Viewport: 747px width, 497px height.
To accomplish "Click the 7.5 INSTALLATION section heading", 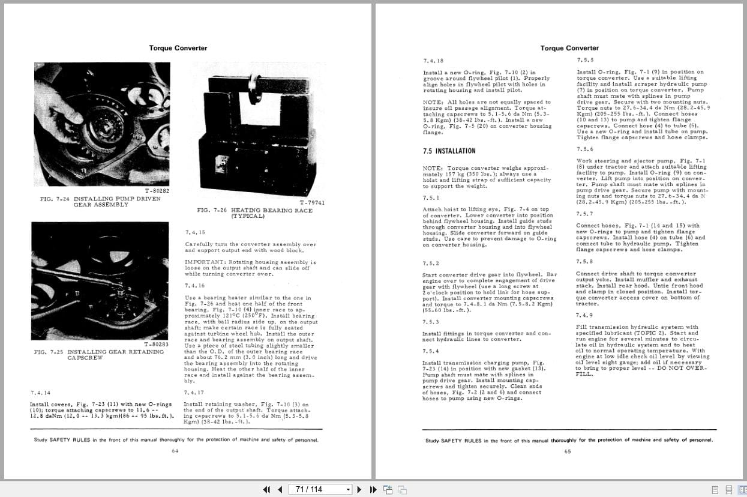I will click(449, 151).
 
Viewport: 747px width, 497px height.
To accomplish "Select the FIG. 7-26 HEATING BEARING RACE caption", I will click(254, 213).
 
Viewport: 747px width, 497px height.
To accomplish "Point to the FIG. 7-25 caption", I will click(99, 354).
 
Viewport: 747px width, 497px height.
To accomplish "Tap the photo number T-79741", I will click(312, 202).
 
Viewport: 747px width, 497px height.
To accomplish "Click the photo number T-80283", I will click(156, 344).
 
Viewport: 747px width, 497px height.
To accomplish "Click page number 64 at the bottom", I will click(175, 451).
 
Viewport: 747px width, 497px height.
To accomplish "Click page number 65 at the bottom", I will click(568, 452).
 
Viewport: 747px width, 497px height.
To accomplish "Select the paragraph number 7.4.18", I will click(433, 61).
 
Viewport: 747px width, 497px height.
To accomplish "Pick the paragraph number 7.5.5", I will click(585, 60).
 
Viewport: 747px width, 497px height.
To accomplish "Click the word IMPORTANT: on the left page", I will click(205, 262).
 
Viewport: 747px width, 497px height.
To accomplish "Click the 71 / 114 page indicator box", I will click(321, 489).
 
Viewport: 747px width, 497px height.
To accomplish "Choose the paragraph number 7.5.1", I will click(431, 197).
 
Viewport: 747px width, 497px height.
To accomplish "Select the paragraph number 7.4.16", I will click(195, 286).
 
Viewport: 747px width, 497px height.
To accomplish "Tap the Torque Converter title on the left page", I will click(178, 48).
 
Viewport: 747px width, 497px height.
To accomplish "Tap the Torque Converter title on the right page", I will click(569, 48).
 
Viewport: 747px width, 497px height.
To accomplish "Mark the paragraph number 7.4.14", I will click(41, 393).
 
